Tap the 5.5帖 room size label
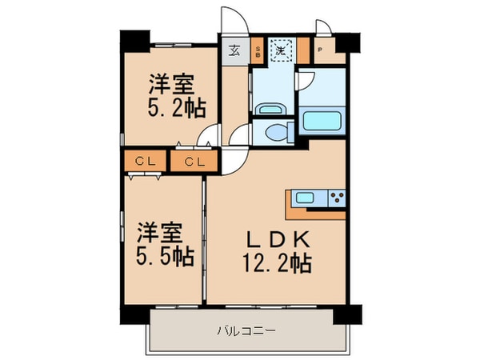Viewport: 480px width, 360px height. [164, 257]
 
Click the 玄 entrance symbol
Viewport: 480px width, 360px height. [235, 50]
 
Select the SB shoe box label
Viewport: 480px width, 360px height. [258, 51]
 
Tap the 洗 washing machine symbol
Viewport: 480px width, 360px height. [281, 50]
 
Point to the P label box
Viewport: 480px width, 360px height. [321, 50]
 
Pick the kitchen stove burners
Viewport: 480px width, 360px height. [336, 198]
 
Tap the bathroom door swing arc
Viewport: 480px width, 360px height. [306, 83]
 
